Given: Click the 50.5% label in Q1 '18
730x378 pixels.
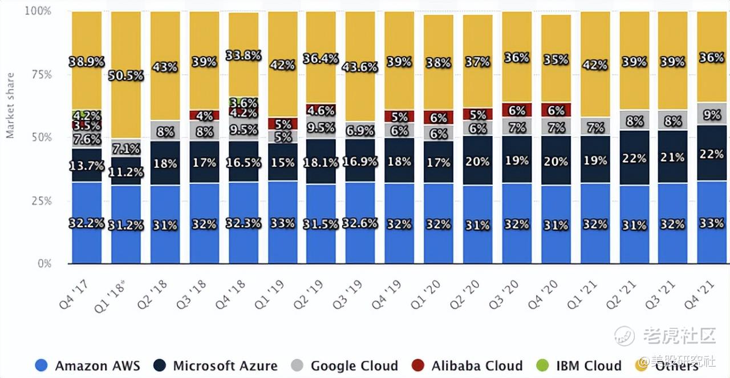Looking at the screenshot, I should pos(126,75).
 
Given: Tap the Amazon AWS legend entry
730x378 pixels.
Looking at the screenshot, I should pos(87,365).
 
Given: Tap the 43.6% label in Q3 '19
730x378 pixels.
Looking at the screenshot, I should pos(360,67).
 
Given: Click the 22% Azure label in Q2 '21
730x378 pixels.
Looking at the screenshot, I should pos(634,158).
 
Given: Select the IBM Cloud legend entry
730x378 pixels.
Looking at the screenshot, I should pos(580,365).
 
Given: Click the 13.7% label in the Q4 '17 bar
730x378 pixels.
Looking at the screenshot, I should pos(86,166).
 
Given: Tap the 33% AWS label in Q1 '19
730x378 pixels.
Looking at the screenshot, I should pos(282,223).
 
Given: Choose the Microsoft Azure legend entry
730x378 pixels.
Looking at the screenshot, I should pos(216,365).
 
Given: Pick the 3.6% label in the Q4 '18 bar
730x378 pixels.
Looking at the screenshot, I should pos(243,103).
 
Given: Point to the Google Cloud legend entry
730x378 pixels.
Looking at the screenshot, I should pos(345,365).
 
